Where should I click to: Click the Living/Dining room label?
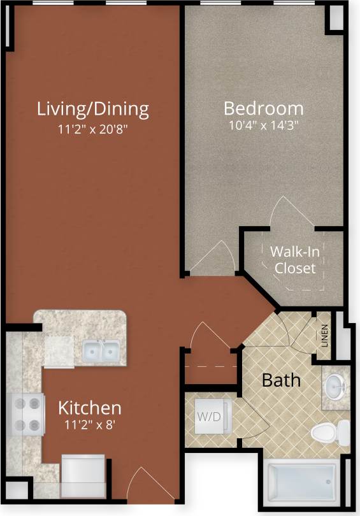click(92, 108)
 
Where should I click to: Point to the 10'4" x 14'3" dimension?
click(264, 125)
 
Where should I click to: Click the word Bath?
click(282, 380)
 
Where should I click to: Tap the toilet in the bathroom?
click(330, 433)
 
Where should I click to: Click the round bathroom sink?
click(335, 385)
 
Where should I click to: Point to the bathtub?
click(303, 482)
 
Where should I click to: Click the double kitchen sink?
click(101, 350)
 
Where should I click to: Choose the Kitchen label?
click(90, 407)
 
